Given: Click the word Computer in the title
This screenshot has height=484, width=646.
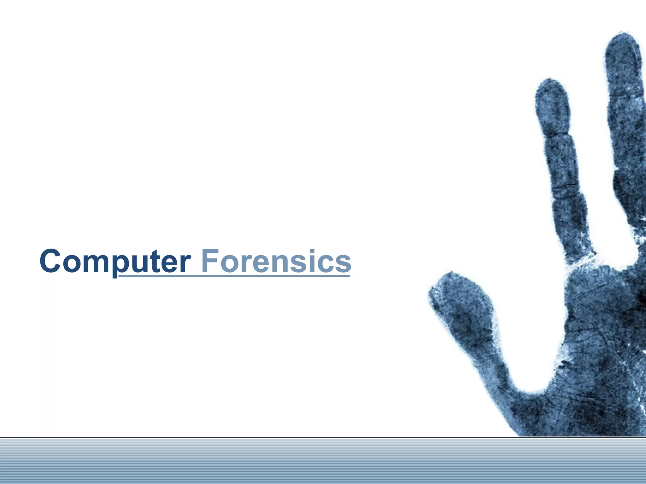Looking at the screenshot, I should tap(115, 262).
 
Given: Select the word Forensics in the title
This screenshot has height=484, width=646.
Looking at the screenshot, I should tap(276, 262).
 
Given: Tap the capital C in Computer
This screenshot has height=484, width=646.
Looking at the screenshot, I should tap(50, 262).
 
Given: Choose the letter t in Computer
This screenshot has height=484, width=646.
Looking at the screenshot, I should tap(158, 262).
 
